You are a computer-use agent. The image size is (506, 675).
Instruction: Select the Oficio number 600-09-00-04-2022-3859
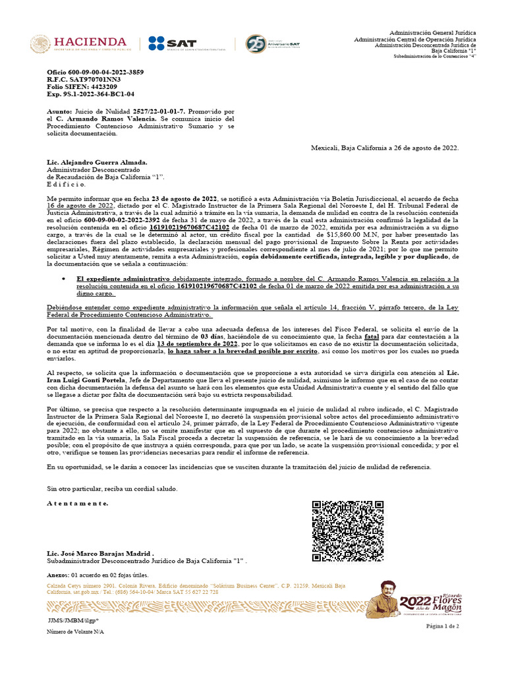click(95, 71)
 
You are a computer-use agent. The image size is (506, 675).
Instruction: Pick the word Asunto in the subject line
click(59, 113)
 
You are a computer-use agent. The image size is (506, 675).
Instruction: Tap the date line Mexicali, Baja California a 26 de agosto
click(385, 148)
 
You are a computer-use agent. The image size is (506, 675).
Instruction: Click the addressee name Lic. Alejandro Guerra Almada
click(97, 162)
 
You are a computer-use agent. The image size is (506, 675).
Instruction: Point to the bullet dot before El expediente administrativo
click(63, 279)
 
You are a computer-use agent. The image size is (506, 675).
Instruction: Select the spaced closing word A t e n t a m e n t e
click(78, 503)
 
